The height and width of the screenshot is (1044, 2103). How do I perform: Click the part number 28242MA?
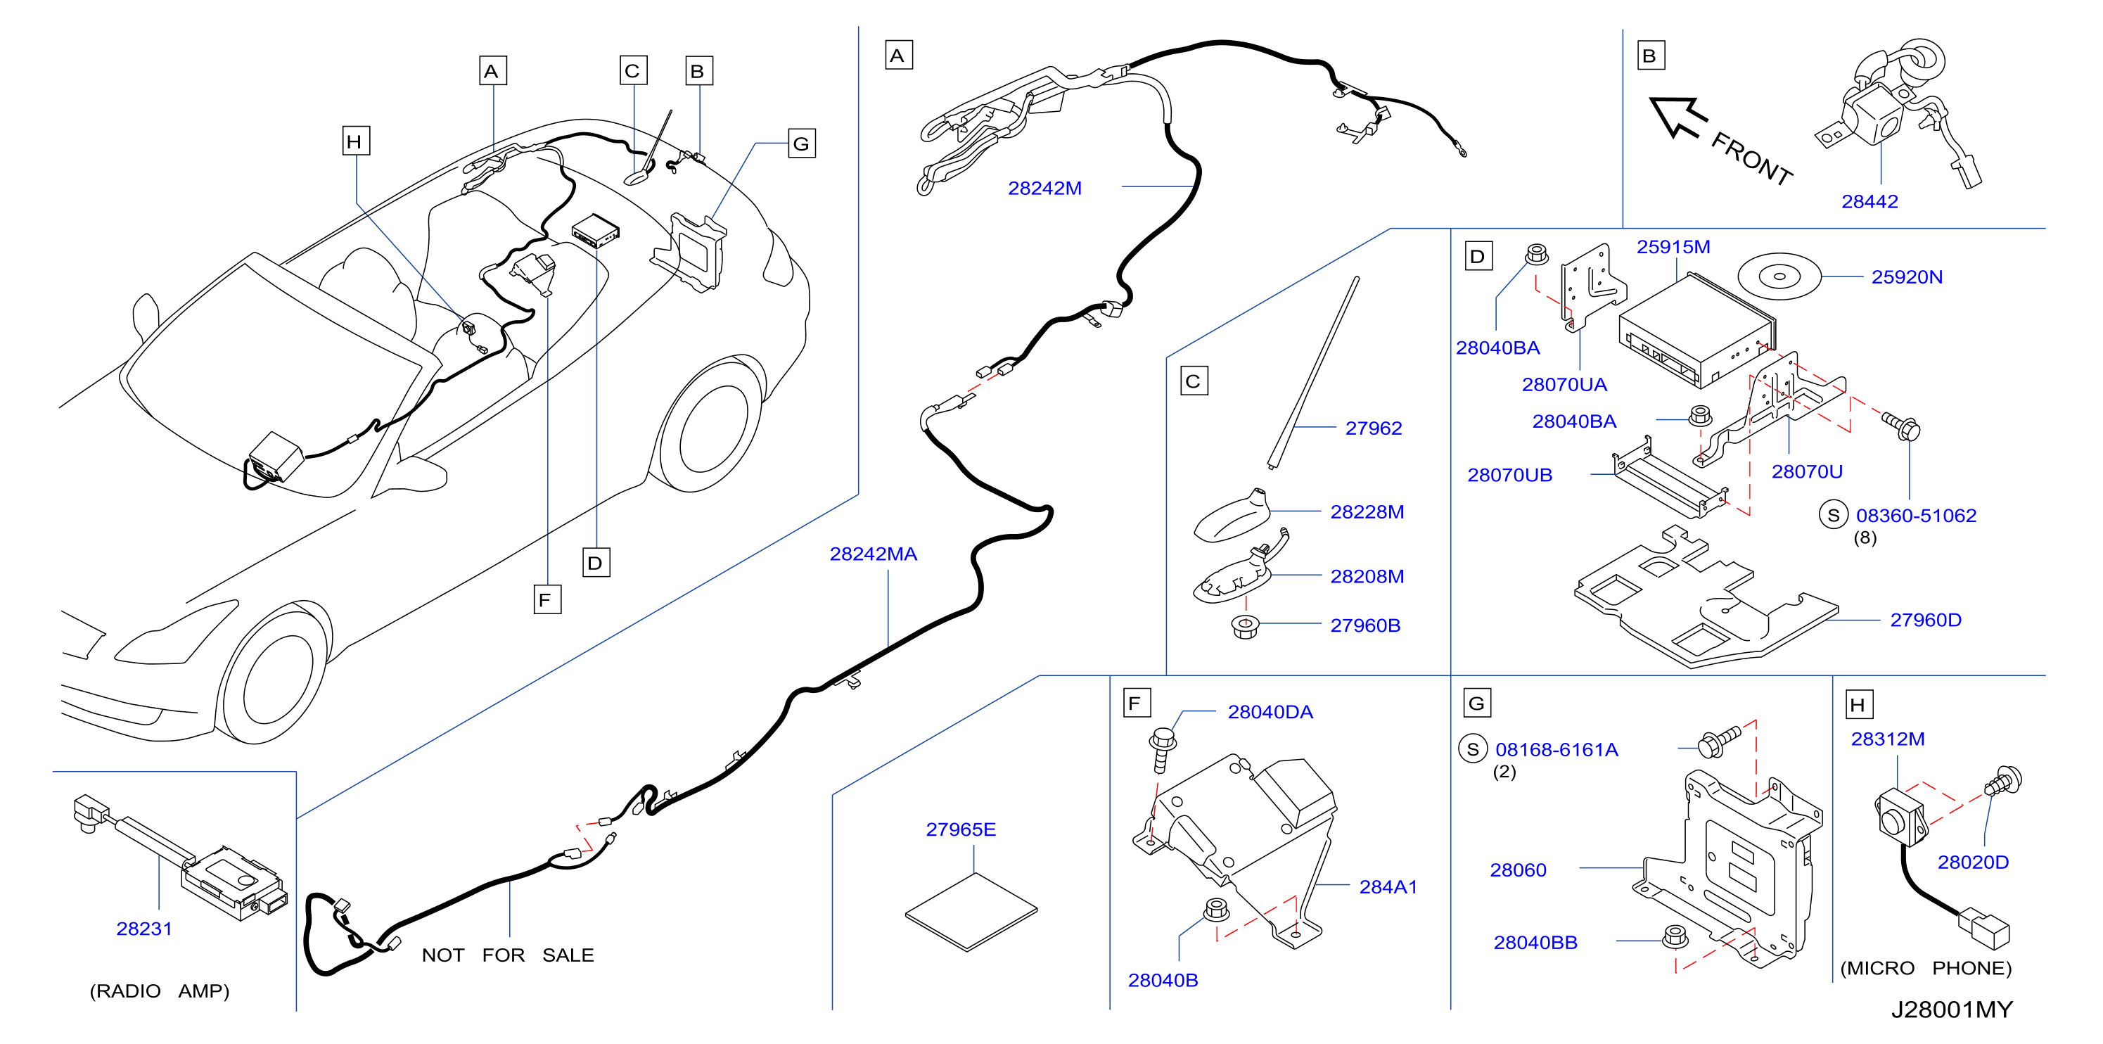pyautogui.click(x=873, y=554)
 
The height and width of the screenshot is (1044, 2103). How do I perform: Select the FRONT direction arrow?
pyautogui.click(x=1677, y=118)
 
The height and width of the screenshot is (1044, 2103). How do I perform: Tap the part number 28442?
pyautogui.click(x=1869, y=202)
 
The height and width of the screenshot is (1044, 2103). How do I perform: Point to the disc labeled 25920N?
pyautogui.click(x=1779, y=276)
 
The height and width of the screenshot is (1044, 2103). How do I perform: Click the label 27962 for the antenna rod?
pyautogui.click(x=1373, y=428)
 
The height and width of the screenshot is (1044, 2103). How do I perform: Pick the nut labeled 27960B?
pyautogui.click(x=1245, y=627)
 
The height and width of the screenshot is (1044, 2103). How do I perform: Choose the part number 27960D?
pyautogui.click(x=1925, y=620)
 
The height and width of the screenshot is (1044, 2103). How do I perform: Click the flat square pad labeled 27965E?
pyautogui.click(x=971, y=912)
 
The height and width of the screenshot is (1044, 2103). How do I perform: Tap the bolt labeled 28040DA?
pyautogui.click(x=1162, y=749)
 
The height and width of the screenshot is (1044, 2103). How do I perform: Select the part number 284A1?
pyautogui.click(x=1388, y=887)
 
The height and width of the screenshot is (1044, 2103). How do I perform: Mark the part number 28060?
pyautogui.click(x=1518, y=870)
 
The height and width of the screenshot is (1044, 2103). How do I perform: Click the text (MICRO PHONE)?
pyautogui.click(x=1925, y=968)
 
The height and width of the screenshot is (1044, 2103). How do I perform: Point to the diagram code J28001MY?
pyautogui.click(x=1952, y=1010)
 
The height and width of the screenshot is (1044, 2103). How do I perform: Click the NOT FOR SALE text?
pyautogui.click(x=508, y=955)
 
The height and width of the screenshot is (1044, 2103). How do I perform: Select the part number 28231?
pyautogui.click(x=143, y=929)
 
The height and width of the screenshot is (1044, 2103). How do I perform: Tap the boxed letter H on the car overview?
pyautogui.click(x=355, y=141)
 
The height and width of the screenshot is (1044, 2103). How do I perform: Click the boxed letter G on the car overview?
pyautogui.click(x=801, y=144)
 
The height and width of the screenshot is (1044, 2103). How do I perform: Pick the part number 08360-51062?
pyautogui.click(x=1915, y=516)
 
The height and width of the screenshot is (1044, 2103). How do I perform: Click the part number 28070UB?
pyautogui.click(x=1509, y=475)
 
